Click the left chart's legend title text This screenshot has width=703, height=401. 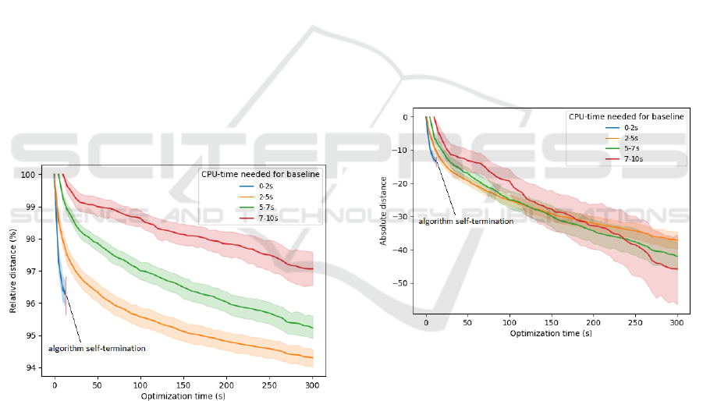click(261, 173)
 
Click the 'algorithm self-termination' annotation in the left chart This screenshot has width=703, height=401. click(97, 348)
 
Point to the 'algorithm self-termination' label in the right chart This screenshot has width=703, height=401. click(466, 222)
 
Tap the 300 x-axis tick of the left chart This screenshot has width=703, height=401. click(312, 385)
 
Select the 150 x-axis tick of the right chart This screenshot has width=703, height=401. click(552, 322)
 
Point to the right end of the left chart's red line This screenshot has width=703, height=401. click(312, 268)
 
